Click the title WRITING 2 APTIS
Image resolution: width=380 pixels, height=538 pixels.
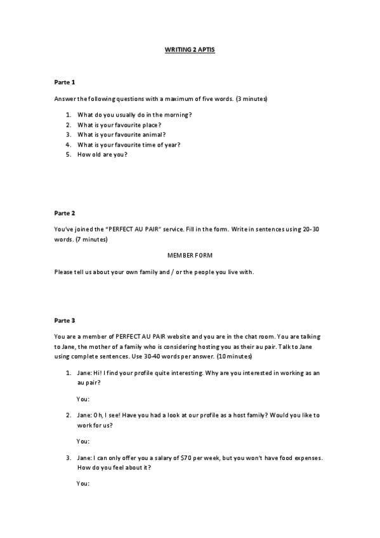tap(190, 49)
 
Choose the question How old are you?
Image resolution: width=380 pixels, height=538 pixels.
tap(102, 155)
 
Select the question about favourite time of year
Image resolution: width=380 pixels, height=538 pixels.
tap(129, 145)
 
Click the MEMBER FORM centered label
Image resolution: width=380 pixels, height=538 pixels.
tap(190, 254)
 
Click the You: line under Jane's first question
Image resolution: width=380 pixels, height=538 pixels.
tap(83, 399)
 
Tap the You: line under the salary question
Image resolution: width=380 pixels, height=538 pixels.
tap(83, 483)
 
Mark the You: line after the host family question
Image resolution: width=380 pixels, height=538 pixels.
tap(83, 441)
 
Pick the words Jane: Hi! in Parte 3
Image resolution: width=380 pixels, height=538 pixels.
tap(89, 374)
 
